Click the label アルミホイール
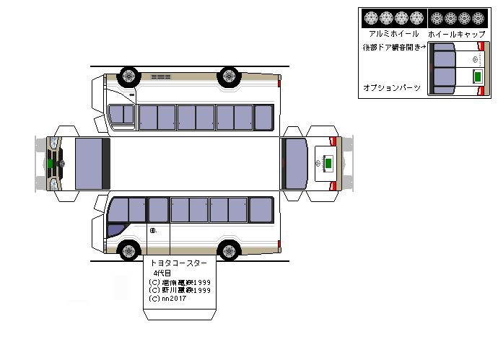(x=393, y=33)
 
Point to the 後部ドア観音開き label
(x=394, y=47)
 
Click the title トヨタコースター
(x=178, y=264)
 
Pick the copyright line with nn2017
(x=167, y=299)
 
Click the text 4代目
(x=162, y=273)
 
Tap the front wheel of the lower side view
(x=129, y=250)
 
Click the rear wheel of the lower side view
(x=230, y=250)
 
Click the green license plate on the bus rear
(x=328, y=164)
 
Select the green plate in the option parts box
(x=477, y=76)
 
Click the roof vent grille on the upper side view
(x=160, y=76)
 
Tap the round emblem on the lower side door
(x=153, y=231)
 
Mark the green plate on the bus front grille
(x=50, y=164)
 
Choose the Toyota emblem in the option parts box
(x=475, y=59)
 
